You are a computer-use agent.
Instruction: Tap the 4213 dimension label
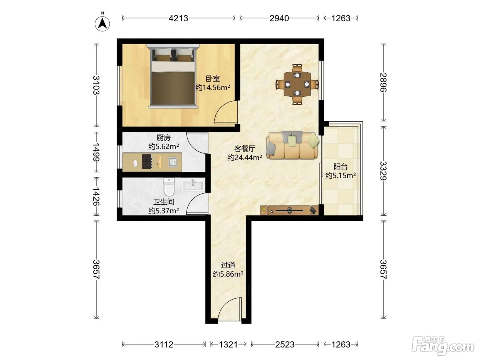[x=178, y=19]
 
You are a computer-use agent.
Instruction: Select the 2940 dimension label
[x=279, y=19]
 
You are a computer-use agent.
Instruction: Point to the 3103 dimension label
[x=96, y=85]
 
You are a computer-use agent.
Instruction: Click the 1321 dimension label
[x=228, y=345]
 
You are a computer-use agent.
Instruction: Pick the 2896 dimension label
[x=383, y=82]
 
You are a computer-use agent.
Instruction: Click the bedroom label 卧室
[x=213, y=79]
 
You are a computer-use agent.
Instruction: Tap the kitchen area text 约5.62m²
[x=164, y=146]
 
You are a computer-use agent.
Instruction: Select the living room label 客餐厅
[x=245, y=149]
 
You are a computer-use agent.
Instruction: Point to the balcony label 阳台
[x=340, y=167]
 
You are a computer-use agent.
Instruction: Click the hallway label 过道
[x=228, y=265]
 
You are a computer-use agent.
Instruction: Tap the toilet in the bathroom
[x=169, y=187]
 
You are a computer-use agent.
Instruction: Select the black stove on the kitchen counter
[x=147, y=161]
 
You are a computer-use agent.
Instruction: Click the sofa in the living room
[x=292, y=145]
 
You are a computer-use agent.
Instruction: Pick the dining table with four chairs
[x=297, y=84]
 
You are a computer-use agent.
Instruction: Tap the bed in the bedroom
[x=173, y=76]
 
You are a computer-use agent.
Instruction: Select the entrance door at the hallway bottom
[x=230, y=309]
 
